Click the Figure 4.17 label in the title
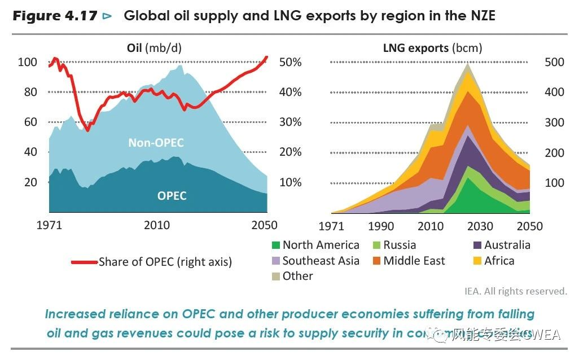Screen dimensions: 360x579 55,16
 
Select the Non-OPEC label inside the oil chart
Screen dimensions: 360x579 156,143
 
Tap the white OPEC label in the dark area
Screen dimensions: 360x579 172,196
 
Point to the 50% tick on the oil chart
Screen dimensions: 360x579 290,62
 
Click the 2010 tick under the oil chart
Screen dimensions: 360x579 157,226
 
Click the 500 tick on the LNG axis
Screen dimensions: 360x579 554,62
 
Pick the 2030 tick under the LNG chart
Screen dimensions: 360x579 480,226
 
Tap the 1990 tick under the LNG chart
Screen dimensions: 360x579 381,226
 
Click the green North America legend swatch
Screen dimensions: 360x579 276,245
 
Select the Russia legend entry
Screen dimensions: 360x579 399,245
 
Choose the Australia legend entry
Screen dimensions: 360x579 507,245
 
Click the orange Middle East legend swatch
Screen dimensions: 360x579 376,261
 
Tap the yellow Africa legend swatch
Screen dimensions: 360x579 477,261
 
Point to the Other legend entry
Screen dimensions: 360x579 297,276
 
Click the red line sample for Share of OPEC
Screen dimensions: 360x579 84,262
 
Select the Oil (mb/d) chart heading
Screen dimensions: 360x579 154,48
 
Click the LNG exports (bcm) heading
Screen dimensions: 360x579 432,48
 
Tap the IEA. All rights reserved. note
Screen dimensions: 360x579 515,291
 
